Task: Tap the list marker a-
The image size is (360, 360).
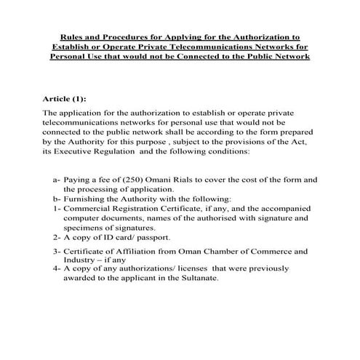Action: click(x=57, y=179)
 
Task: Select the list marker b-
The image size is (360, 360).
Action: click(x=57, y=198)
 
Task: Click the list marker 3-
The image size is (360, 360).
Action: click(x=56, y=251)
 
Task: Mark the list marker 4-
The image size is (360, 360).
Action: click(x=56, y=270)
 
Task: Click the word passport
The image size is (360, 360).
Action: click(x=153, y=237)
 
